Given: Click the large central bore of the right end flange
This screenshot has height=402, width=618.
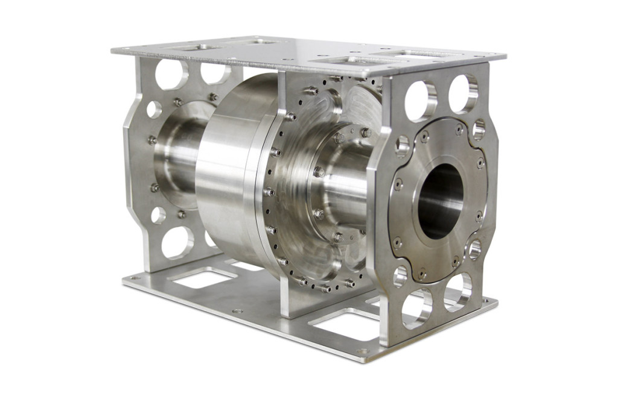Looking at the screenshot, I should (440, 201).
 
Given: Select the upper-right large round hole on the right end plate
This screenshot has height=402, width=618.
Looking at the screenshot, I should (463, 93).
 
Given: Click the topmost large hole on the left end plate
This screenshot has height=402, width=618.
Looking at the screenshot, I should (171, 74).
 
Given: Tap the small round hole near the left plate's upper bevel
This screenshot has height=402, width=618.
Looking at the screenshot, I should (154, 109).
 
